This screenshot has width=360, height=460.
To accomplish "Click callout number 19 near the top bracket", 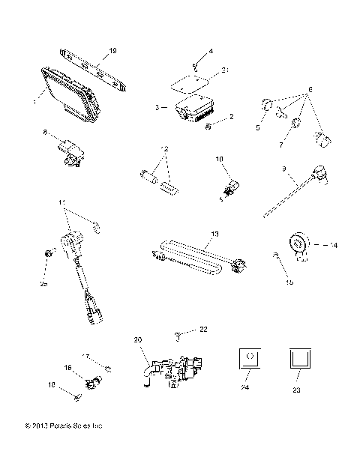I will pyautogui.click(x=112, y=51).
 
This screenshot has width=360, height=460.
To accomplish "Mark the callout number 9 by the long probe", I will pyautogui.click(x=283, y=170).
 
